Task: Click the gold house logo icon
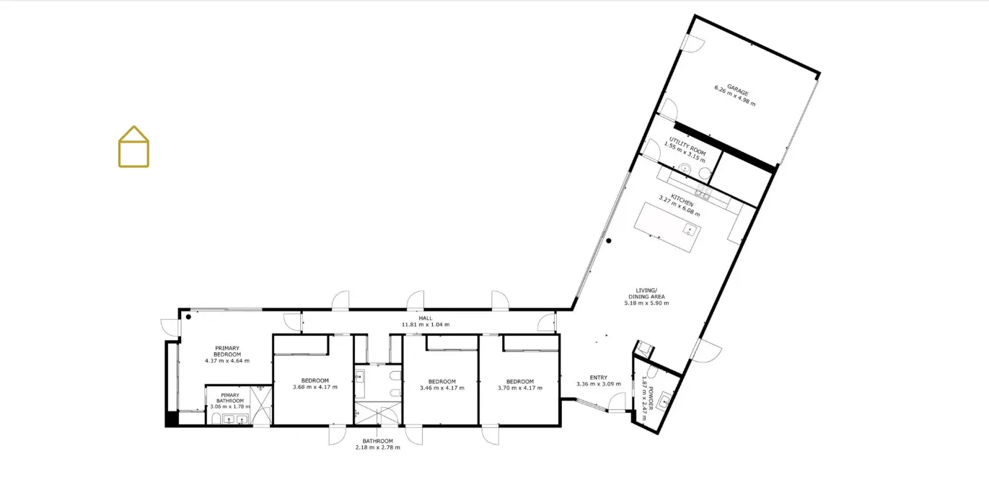coord(133,147)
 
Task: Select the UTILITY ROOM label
coord(687,146)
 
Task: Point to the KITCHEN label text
coord(682,200)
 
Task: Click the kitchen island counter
coord(667,227)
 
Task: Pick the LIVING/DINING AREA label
coord(646,294)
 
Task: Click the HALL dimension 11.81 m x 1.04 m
coord(426,325)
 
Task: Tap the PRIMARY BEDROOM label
coord(227,351)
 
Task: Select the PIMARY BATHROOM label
coord(230,398)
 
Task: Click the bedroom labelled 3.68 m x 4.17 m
coord(315,384)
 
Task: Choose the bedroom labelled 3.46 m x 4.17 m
coord(442,385)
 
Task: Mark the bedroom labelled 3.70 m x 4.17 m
coord(520,385)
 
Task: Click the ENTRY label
coord(599,378)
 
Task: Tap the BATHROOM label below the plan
coord(378,441)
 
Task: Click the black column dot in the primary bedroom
coord(188,317)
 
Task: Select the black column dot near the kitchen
coord(608,241)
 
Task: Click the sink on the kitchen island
coord(690,230)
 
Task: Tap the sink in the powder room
coord(664,402)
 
